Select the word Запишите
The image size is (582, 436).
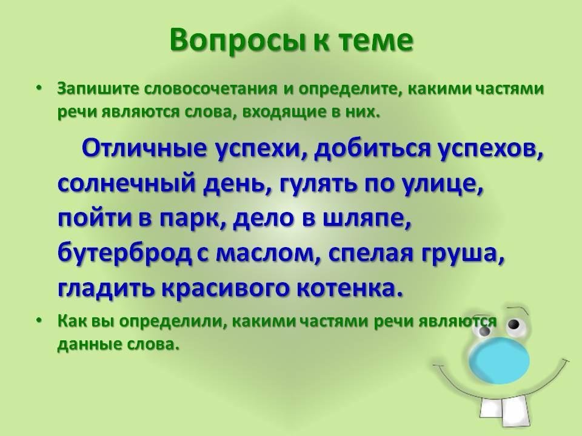point(98,89)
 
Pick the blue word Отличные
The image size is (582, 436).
point(144,148)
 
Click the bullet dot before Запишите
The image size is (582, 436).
point(39,88)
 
